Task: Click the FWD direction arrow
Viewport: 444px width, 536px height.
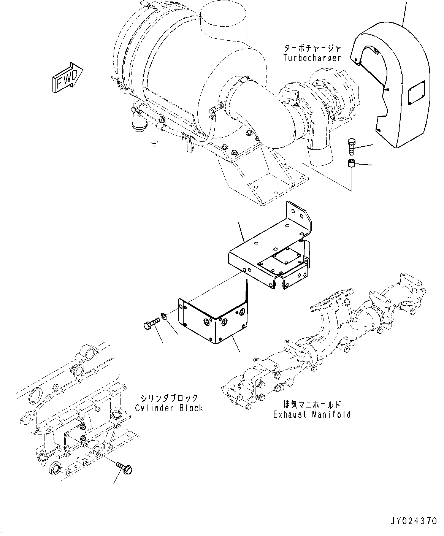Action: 68,77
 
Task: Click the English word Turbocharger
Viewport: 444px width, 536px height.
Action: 312,58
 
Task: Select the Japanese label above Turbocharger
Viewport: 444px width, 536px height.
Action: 312,48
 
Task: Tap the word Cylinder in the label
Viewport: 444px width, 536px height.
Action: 153,408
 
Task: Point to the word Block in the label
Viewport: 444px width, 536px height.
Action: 191,408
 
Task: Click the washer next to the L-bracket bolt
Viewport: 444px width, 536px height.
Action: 164,316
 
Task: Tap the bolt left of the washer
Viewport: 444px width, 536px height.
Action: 152,323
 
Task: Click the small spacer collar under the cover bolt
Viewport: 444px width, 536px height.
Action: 351,163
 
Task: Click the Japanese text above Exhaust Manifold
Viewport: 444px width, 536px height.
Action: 312,405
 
